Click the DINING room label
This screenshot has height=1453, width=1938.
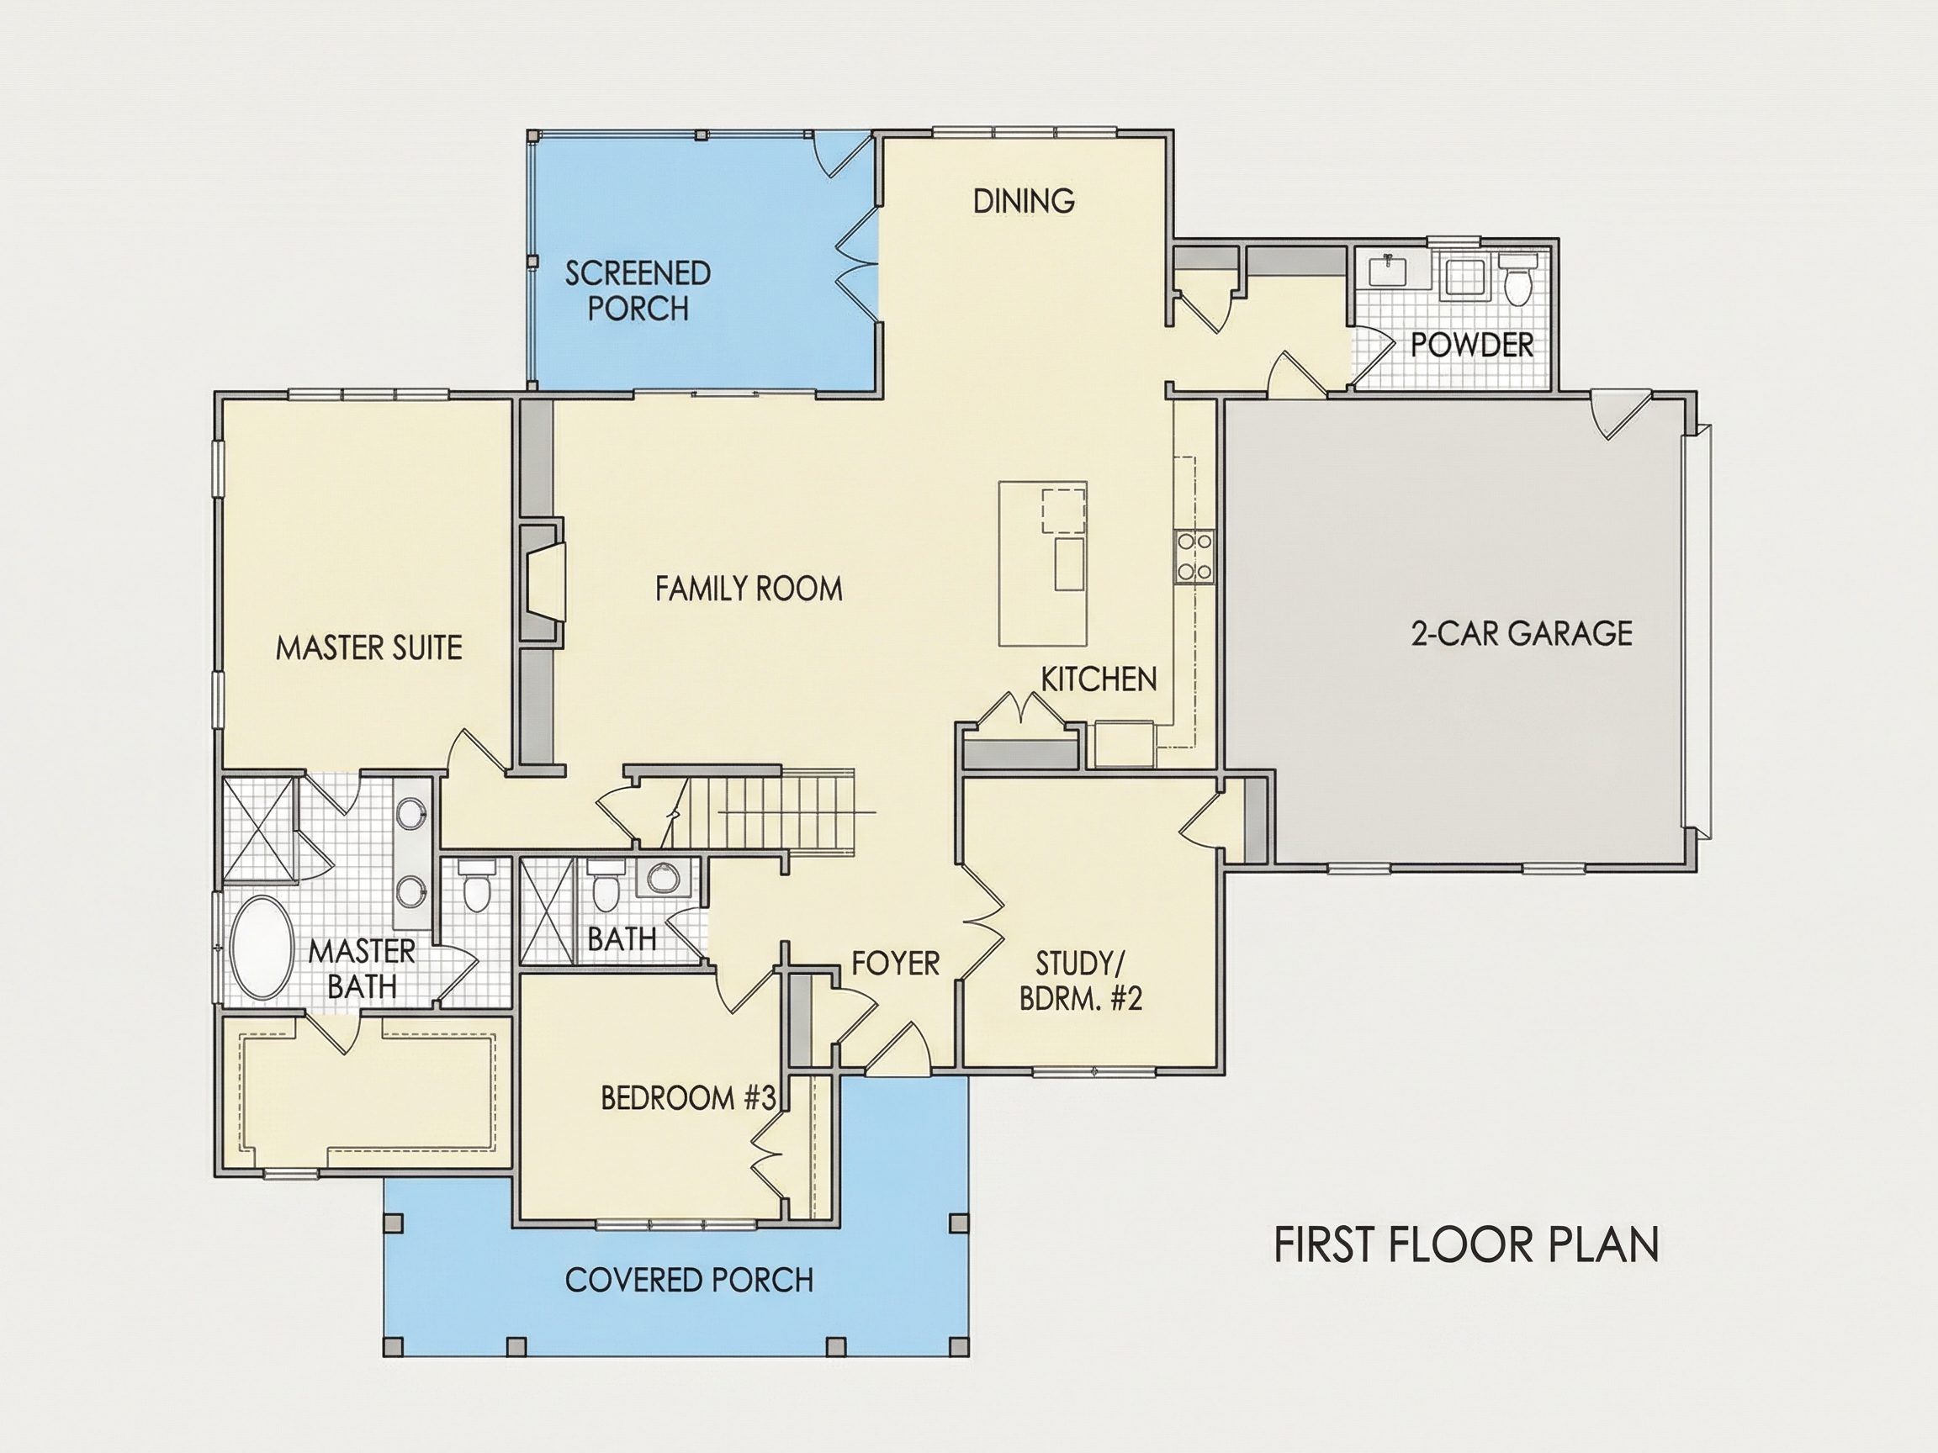coord(1024,202)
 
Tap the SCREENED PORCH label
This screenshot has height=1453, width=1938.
coord(638,291)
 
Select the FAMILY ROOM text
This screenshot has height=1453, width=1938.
coord(749,589)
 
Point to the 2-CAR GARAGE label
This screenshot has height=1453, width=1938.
coord(1522,633)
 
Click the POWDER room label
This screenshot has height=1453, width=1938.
coord(1472,345)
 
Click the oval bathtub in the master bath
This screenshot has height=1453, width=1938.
coord(261,947)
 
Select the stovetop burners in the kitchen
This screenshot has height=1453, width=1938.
coord(1194,557)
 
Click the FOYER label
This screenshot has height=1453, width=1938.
coord(896,964)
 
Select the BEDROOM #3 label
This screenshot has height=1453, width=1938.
coord(689,1098)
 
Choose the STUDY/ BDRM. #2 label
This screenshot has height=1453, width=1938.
coord(1081,981)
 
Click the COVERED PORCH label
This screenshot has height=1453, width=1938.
coord(690,1281)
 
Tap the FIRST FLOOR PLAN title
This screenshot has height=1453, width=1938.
coord(1467,1244)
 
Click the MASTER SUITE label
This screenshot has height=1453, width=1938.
coord(369,648)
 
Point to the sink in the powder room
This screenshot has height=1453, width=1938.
coord(1389,272)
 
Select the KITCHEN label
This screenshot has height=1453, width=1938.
coord(1099,679)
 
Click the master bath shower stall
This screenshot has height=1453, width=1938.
coord(257,827)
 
